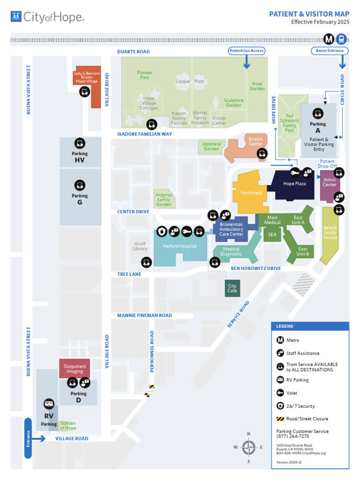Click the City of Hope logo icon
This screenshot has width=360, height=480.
coord(16,17)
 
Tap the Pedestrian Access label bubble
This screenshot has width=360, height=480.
coord(247,51)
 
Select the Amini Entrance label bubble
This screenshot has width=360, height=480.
coord(329,51)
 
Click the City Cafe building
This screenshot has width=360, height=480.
coord(232,288)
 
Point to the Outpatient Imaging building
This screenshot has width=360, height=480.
coord(75,368)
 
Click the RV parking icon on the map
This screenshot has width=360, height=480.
coord(49,404)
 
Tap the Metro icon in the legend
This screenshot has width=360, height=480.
coord(280,340)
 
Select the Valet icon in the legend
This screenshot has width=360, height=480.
coord(280,393)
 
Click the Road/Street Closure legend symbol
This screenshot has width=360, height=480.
coord(280,419)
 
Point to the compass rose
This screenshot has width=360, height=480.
coord(248,447)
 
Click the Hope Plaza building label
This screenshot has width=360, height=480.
coord(294,184)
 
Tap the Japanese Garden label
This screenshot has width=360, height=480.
coord(211,146)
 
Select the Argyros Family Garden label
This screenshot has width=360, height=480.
coord(164,199)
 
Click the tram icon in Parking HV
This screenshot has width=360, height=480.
coord(80,143)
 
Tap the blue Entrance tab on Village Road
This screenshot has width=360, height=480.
coord(28,438)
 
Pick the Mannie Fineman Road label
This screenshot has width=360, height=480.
coord(144,315)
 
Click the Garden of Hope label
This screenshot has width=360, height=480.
coord(68,426)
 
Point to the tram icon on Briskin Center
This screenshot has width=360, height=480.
coord(263,153)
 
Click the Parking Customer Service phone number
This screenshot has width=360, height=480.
coord(292,436)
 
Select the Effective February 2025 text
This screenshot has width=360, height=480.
coord(320,22)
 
